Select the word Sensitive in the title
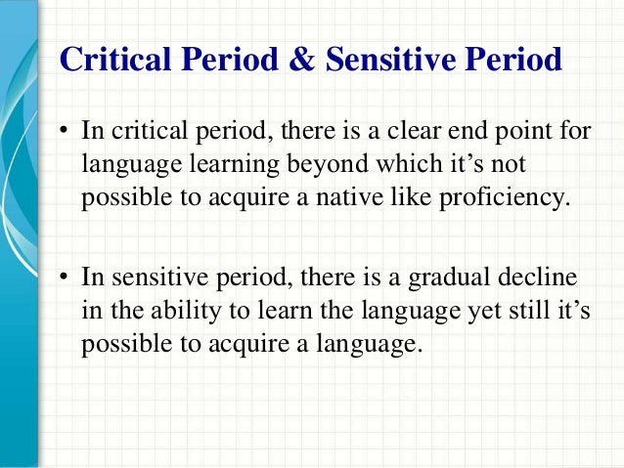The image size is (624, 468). click(x=377, y=61)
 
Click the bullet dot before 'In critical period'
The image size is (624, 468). click(x=63, y=132)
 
